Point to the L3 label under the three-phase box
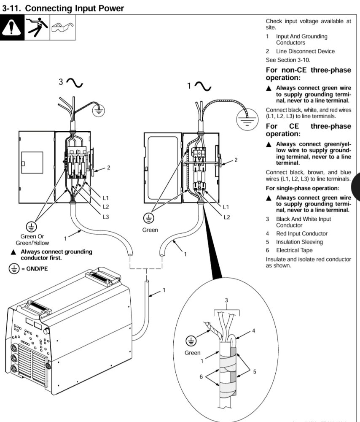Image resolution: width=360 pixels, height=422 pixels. tap(105, 217)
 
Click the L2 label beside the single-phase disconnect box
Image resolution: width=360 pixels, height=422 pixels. tap(226, 217)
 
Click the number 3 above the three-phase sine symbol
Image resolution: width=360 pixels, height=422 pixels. tap(61, 81)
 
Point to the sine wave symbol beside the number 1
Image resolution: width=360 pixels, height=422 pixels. tap(203, 87)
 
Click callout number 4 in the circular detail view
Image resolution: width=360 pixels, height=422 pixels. tap(254, 331)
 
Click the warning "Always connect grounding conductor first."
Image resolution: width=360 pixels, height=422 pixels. tap(56, 254)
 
